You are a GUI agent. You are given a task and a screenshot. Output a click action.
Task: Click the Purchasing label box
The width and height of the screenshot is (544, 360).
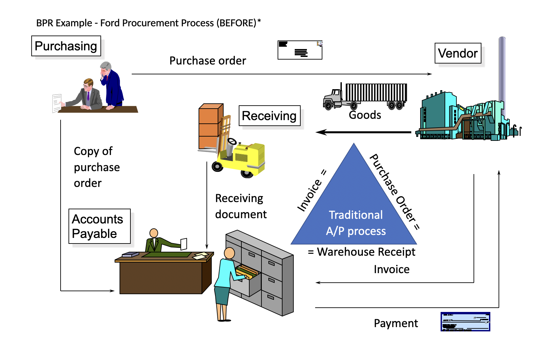point(66,46)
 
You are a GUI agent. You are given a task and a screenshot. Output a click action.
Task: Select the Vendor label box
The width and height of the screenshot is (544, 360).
point(458,53)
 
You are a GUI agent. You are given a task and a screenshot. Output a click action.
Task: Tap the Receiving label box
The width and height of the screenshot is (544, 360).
point(269,116)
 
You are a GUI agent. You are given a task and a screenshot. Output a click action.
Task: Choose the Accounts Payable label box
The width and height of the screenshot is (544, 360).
point(99,226)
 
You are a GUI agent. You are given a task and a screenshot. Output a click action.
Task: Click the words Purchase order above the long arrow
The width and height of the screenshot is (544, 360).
point(207,61)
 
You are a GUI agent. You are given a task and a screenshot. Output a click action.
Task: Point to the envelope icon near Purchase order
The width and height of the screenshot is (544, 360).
point(300,50)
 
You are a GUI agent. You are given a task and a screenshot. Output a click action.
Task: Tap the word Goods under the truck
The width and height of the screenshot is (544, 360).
point(365,115)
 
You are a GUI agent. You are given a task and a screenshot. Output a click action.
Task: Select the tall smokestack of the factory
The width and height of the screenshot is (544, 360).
point(502,72)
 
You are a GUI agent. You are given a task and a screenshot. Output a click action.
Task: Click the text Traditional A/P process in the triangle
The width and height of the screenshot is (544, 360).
point(356,223)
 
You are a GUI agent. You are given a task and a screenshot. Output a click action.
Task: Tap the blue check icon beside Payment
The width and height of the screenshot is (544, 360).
point(465,321)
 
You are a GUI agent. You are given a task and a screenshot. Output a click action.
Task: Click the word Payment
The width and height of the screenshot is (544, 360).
point(395,323)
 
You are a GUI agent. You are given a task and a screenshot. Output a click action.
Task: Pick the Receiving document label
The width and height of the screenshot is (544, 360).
point(240,206)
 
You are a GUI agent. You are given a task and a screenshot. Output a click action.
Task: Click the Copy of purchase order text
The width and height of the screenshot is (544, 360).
point(96,167)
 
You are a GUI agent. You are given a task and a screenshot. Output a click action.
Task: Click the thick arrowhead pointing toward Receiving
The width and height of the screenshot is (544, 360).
point(321,132)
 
